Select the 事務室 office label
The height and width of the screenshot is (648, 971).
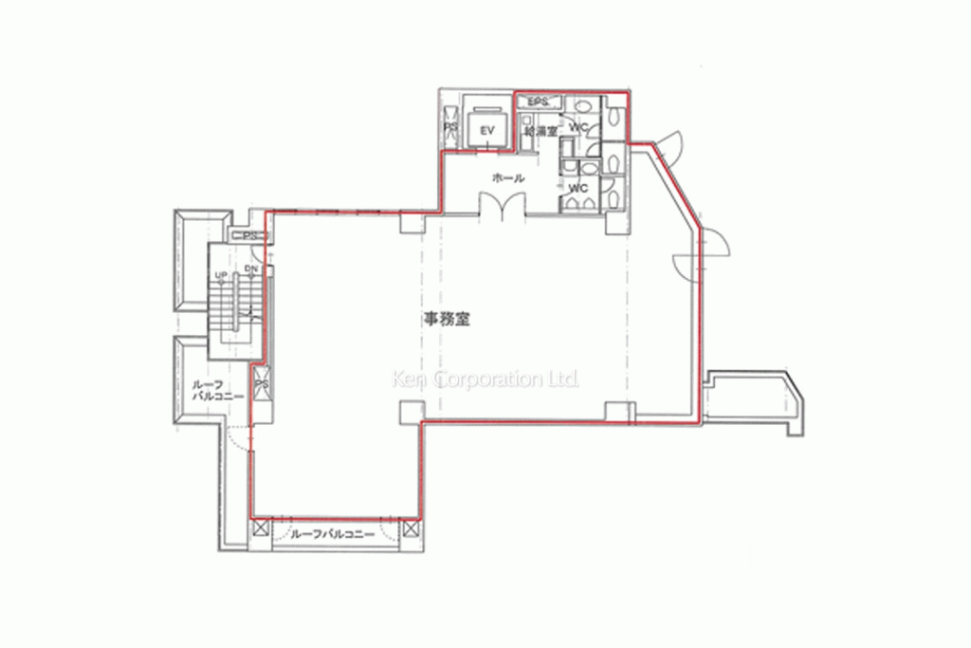coord(444,320)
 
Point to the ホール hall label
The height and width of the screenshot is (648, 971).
coord(508,177)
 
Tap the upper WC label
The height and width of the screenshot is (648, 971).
coord(580,126)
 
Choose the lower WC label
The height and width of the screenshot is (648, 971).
coord(577,188)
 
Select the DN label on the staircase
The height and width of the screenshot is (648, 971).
coord(250,269)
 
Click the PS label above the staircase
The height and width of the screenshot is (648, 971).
coord(250,235)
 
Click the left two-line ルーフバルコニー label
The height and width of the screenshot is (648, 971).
coord(218,391)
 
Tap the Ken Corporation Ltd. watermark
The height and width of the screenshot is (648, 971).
coord(485,380)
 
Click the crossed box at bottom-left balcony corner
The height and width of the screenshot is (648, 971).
coord(260,528)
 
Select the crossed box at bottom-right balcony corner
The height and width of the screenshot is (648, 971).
coord(410,528)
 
